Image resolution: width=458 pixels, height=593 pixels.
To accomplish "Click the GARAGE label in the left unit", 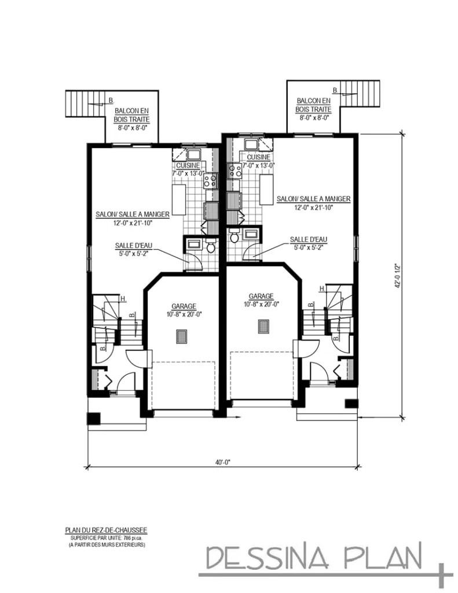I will [183, 306].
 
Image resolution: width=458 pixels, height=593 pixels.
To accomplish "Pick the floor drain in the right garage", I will [263, 326].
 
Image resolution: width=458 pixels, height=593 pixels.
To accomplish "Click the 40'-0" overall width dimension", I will [222, 462].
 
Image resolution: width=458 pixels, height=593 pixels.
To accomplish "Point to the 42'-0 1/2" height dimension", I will [397, 276].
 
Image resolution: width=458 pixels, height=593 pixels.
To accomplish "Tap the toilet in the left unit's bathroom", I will [211, 247].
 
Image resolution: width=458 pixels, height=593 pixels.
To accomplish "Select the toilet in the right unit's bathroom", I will [235, 237].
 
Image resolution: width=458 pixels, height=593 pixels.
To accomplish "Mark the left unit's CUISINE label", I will [189, 165].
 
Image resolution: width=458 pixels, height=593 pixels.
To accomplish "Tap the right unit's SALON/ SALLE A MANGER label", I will [313, 199].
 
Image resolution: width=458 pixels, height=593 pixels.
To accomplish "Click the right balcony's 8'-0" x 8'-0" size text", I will [314, 118].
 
